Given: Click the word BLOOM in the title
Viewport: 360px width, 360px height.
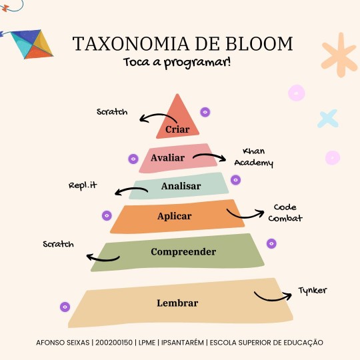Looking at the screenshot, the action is click(x=259, y=43).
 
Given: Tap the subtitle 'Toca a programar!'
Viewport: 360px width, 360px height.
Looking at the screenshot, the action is click(x=177, y=63).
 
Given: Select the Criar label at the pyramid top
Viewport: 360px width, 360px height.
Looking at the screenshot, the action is click(x=177, y=129).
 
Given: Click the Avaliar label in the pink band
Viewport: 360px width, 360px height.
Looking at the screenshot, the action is click(x=167, y=158).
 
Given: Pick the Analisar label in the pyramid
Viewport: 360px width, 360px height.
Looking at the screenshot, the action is click(x=181, y=186).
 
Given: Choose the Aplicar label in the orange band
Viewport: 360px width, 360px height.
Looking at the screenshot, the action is click(x=175, y=216).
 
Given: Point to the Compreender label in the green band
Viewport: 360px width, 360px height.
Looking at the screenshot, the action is click(x=183, y=252).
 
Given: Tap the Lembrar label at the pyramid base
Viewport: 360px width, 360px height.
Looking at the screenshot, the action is click(x=177, y=303).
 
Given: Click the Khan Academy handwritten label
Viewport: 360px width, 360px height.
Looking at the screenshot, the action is click(x=254, y=158).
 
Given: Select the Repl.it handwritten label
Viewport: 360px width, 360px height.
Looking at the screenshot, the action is click(x=83, y=185).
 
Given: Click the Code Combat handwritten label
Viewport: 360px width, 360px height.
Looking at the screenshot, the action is click(x=285, y=213).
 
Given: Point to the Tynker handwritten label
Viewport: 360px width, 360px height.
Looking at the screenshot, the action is click(x=313, y=291).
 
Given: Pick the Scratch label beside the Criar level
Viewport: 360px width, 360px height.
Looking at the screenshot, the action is click(x=112, y=112).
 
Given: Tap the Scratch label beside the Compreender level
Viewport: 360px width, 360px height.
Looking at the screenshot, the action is click(x=58, y=244).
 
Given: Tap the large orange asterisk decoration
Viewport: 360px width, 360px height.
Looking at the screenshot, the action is click(x=339, y=55).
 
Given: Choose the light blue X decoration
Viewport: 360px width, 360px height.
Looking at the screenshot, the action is click(x=328, y=119).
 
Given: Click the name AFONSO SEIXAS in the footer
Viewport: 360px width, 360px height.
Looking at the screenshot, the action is click(x=63, y=343).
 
